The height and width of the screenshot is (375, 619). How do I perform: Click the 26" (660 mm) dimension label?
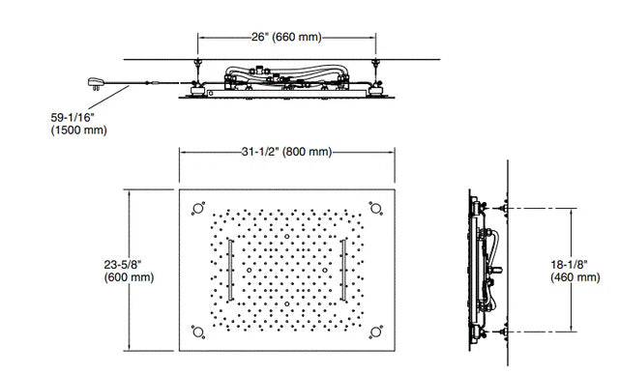tap(286, 37)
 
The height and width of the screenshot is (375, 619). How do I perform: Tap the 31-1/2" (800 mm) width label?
tap(286, 152)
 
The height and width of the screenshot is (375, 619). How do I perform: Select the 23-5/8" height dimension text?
tap(123, 264)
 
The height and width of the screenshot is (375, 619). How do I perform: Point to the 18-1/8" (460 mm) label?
tap(575, 271)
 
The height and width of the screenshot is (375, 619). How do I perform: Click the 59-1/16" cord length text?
tap(73, 118)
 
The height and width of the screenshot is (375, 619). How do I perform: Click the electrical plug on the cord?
tap(96, 83)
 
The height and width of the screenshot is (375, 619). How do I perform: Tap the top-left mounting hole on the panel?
tap(198, 208)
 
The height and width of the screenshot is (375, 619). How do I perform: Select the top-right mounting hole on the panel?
tap(376, 208)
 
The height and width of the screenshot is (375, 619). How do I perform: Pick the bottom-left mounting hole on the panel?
tap(198, 332)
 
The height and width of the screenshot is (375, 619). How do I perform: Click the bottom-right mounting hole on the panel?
tap(376, 332)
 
